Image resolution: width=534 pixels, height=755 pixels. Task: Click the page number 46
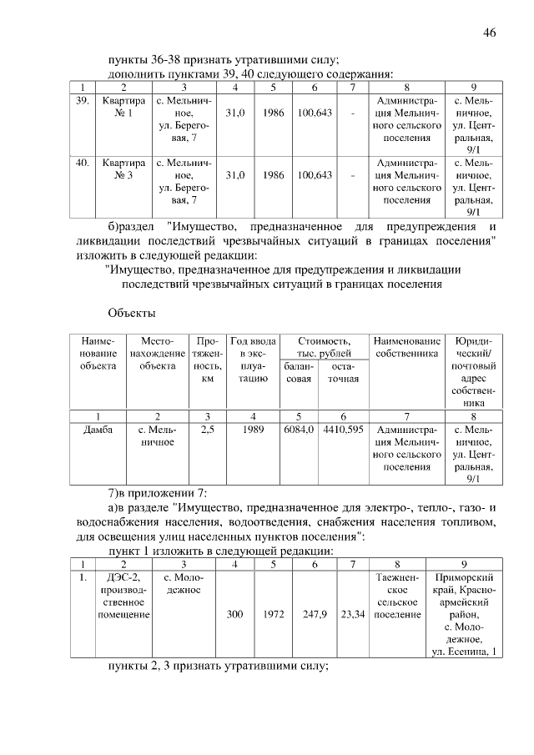489,33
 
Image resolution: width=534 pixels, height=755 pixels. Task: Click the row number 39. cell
82,100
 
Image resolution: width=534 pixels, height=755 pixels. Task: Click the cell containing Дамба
98,430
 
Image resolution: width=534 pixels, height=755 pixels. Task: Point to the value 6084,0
299,430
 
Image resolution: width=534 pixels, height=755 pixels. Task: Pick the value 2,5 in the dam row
208,430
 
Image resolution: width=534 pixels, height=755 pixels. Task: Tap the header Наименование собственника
407,348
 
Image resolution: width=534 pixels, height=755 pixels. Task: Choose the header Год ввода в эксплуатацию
253,360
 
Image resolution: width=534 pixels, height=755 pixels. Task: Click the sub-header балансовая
299,373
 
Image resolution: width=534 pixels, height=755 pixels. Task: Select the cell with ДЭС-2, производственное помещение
123,596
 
